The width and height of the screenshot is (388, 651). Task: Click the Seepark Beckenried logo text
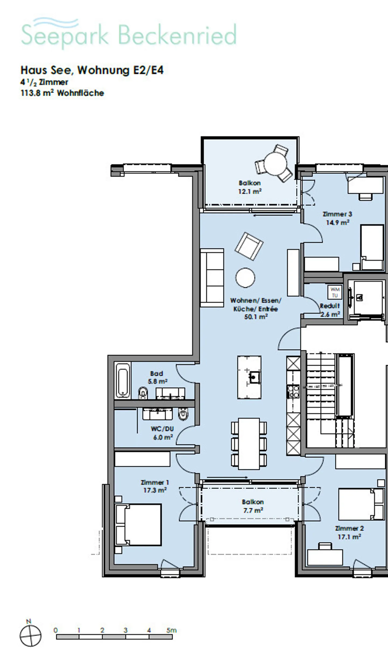129,35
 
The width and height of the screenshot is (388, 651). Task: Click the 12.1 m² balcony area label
250,191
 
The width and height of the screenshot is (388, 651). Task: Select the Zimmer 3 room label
337,214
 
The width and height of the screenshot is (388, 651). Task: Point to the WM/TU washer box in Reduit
335,292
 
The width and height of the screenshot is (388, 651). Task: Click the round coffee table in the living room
245,278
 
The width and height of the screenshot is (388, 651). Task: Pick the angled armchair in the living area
249,246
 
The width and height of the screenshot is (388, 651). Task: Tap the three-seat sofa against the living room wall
212,278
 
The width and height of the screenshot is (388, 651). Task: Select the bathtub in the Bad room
123,380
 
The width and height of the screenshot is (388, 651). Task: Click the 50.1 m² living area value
256,317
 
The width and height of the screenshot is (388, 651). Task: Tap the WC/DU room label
162,429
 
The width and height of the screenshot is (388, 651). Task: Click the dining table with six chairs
249,443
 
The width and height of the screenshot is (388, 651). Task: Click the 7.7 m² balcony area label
253,510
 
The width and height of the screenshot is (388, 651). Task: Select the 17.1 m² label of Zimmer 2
349,537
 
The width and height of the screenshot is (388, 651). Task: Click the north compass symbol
30,636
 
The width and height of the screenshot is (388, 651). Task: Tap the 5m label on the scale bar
171,630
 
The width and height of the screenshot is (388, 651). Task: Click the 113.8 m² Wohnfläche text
62,93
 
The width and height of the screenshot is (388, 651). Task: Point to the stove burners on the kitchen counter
293,392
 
